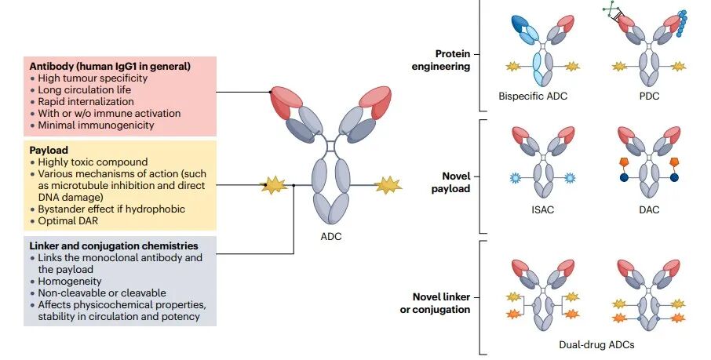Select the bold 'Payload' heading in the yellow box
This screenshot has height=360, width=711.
[x=49, y=148]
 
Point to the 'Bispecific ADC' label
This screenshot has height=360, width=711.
[x=532, y=96]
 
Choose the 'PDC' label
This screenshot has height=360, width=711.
[x=649, y=96]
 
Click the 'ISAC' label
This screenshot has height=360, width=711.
[x=538, y=210]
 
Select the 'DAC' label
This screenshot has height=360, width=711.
[x=649, y=210]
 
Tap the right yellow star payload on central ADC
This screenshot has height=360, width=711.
[x=388, y=186]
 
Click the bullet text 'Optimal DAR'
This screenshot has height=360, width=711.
[x=66, y=220]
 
